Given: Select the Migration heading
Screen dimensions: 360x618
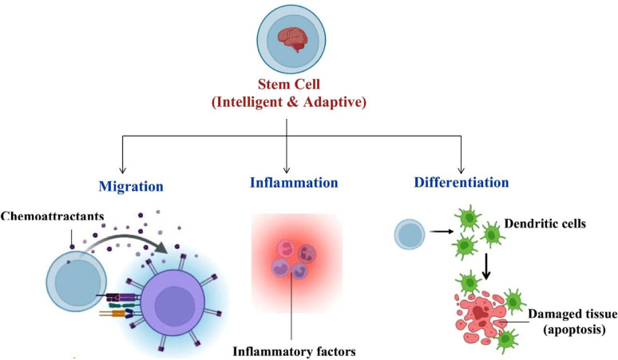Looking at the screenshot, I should click(130, 185).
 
